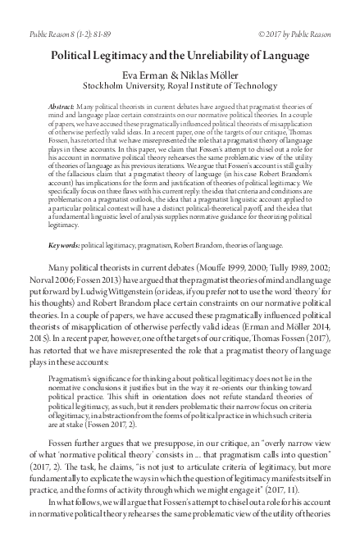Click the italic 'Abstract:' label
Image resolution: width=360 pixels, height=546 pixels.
tap(67, 107)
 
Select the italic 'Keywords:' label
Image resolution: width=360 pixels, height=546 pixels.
tap(67, 244)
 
